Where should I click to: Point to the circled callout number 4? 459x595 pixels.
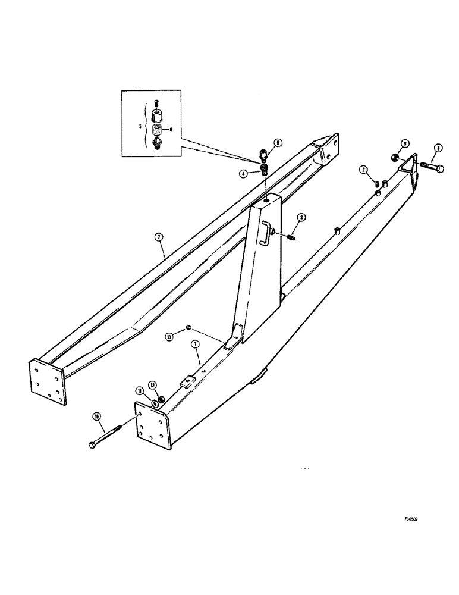(x=243, y=173)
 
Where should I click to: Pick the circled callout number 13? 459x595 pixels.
(x=169, y=337)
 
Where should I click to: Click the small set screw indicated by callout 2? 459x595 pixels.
(x=376, y=183)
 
